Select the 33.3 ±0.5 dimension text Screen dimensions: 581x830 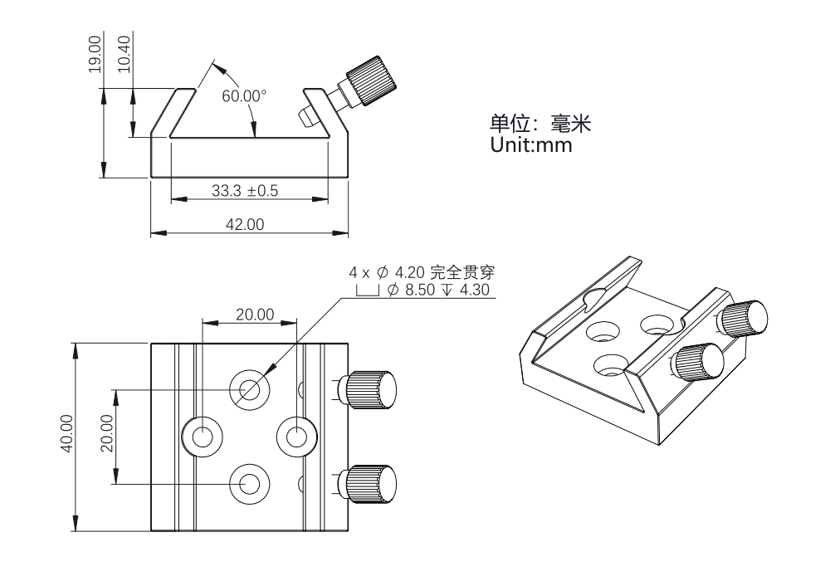(x=245, y=191)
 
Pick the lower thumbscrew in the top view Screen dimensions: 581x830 (x=371, y=483)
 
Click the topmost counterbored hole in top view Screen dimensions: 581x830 (x=250, y=388)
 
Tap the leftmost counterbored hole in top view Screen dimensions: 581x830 (x=202, y=435)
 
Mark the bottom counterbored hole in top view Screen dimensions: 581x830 (x=250, y=482)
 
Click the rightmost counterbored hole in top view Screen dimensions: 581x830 (x=296, y=435)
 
